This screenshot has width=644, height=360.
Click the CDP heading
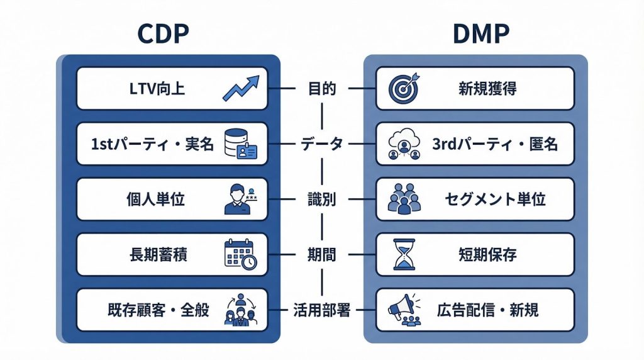coord(163,33)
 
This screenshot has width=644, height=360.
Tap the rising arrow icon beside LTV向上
coord(241,89)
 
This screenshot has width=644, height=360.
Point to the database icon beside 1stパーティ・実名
coord(241,144)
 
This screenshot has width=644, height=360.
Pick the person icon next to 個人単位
coord(240,200)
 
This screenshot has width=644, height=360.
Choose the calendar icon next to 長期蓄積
coord(240,255)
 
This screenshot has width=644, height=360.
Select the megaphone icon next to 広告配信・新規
coord(402,310)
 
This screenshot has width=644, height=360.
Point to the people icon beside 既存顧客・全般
coord(240,310)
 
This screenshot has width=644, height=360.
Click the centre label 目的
coord(322,89)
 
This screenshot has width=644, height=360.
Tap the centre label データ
coord(322,144)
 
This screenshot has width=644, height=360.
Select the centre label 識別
coord(322,200)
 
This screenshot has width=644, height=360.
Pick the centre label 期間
coord(322,255)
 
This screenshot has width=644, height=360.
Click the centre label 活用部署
coord(322,310)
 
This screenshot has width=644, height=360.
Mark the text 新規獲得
coord(487,89)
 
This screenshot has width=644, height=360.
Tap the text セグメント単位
coord(495,200)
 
